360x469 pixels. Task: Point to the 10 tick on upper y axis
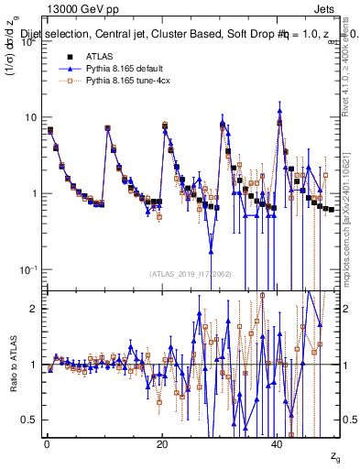31,117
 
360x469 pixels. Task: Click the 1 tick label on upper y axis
35,193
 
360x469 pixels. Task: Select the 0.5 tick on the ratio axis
30,420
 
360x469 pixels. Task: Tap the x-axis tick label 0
46,444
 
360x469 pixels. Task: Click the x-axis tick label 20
161,444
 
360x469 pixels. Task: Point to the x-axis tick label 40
277,444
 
